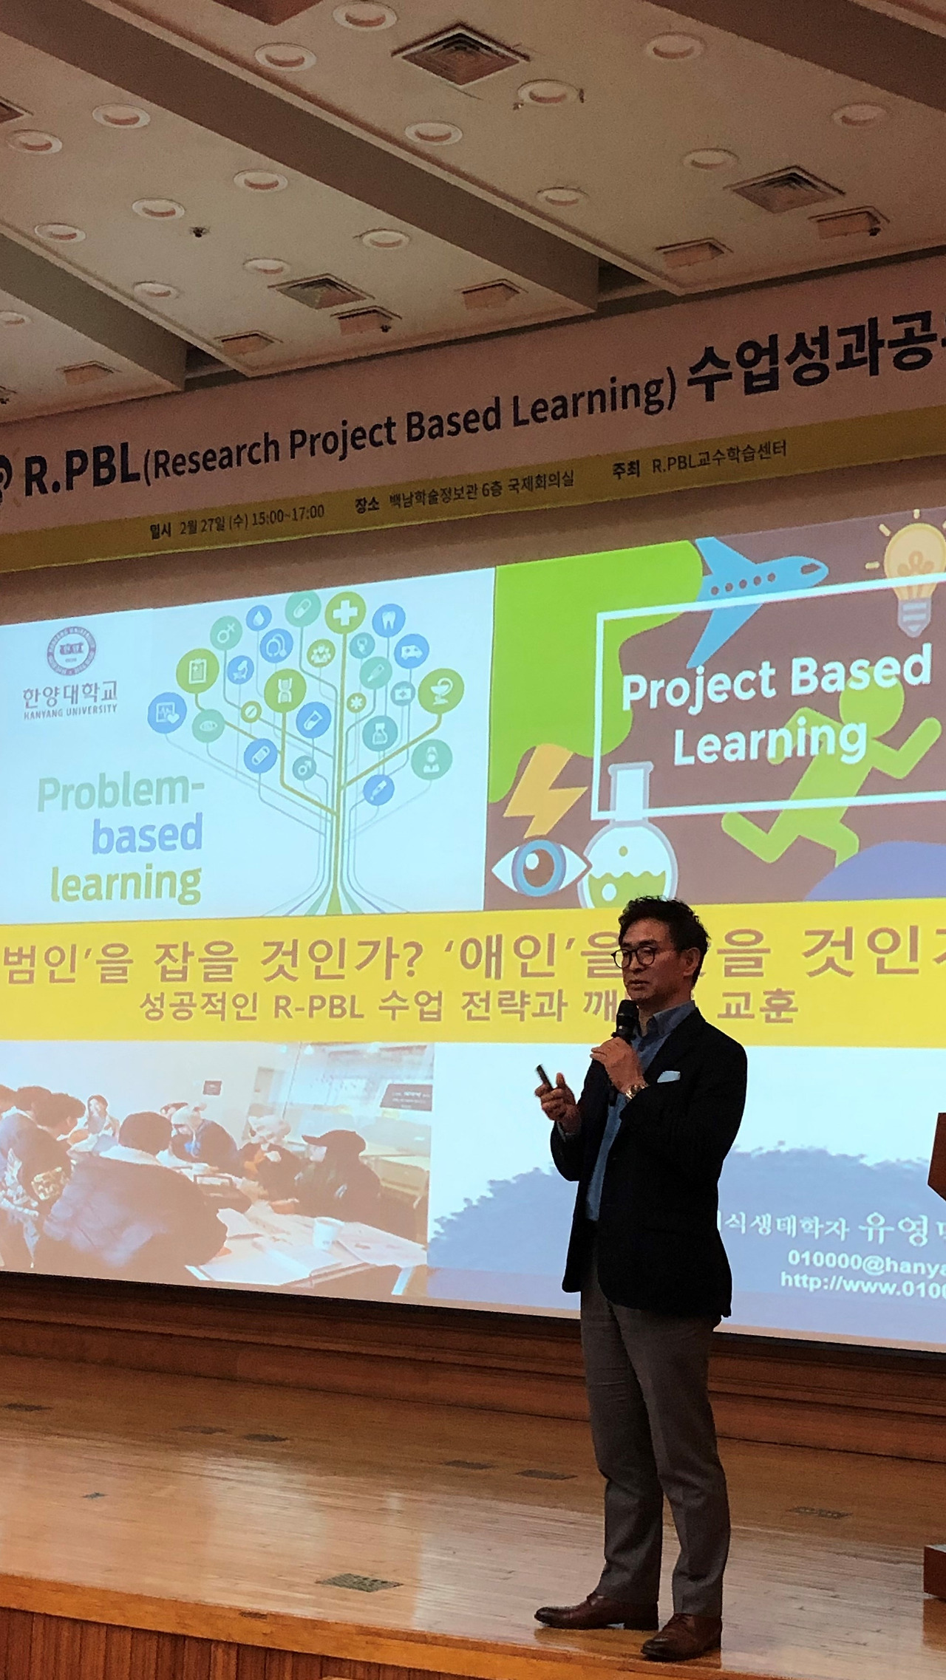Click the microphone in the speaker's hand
(x=626, y=1024)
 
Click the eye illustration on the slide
(x=534, y=865)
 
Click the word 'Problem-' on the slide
(x=120, y=795)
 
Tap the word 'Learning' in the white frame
(x=769, y=741)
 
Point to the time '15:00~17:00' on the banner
(x=287, y=514)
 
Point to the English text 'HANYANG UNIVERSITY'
(x=69, y=710)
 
